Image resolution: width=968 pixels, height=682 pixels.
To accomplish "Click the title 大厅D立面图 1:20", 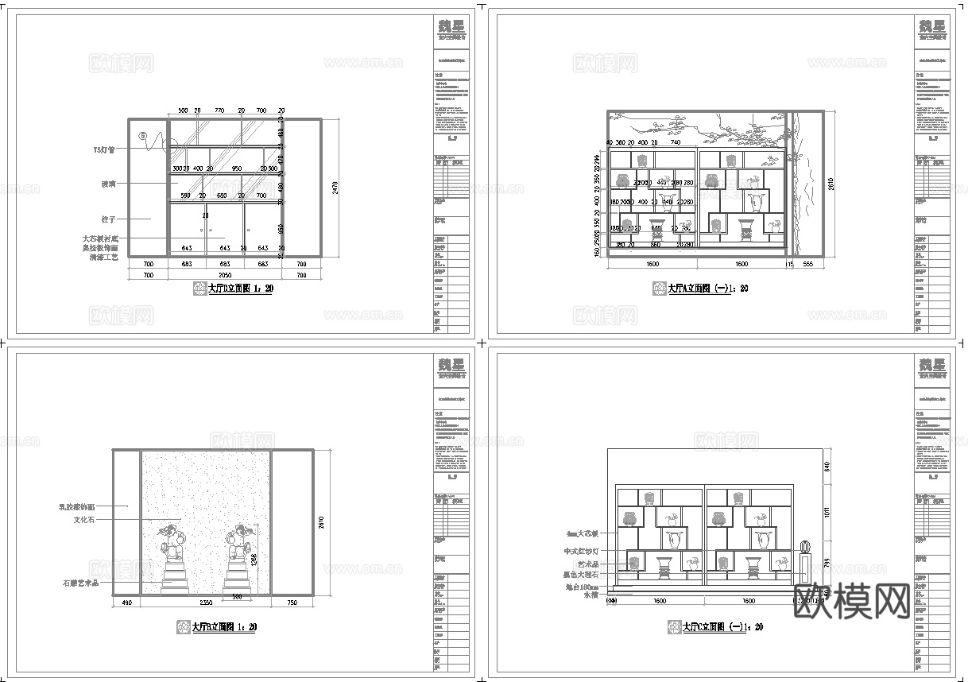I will click(x=240, y=289).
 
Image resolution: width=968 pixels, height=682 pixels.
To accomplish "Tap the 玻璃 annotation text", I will click(x=111, y=184).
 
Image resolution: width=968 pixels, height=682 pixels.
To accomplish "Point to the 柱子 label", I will click(x=110, y=219).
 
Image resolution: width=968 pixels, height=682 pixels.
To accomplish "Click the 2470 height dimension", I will click(x=335, y=188).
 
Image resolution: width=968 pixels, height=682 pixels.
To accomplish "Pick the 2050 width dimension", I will click(x=225, y=274).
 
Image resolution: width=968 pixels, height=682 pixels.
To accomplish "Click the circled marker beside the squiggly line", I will click(x=143, y=136).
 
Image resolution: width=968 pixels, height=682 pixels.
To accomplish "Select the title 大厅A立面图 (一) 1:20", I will click(x=707, y=289).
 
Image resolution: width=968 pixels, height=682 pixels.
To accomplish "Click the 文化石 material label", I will click(x=85, y=520).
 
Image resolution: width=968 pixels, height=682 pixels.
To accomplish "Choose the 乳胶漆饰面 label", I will click(x=77, y=506).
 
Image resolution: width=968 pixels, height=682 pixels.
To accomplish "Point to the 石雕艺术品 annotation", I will click(x=80, y=583).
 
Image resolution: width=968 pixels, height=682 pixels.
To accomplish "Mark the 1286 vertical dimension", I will click(x=254, y=560).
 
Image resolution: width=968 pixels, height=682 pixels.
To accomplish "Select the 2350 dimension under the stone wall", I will click(x=206, y=603).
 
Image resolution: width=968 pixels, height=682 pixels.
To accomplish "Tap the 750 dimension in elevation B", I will click(x=292, y=603).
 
